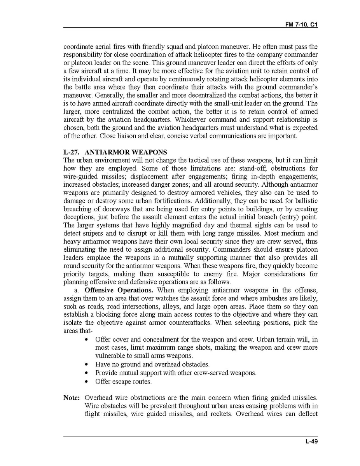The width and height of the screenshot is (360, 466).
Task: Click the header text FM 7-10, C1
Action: pyautogui.click(x=301, y=24)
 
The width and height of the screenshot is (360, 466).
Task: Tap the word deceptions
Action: pyautogui.click(x=79, y=217)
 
